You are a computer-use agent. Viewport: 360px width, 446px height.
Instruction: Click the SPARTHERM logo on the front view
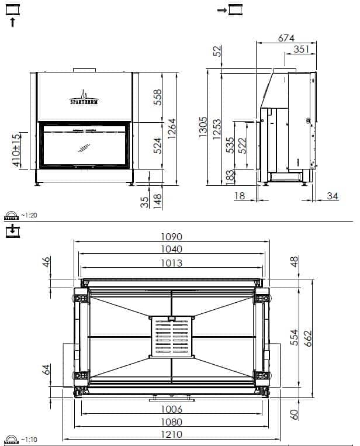tap(84, 98)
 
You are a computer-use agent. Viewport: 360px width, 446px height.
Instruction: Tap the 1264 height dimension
tap(172, 129)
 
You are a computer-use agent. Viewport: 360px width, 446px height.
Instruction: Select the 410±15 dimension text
tap(16, 150)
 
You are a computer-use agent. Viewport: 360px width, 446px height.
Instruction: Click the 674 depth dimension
tap(286, 38)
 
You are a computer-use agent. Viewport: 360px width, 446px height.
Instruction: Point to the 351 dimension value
tap(301, 49)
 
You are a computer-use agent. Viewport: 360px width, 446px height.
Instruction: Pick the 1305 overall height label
tap(203, 127)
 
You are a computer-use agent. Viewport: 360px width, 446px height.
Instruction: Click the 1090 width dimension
tap(171, 237)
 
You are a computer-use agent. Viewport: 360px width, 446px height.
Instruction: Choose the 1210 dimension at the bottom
tap(171, 434)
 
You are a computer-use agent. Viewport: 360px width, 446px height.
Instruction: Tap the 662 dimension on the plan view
tap(307, 338)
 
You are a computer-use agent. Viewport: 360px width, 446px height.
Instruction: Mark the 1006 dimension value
tap(171, 409)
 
